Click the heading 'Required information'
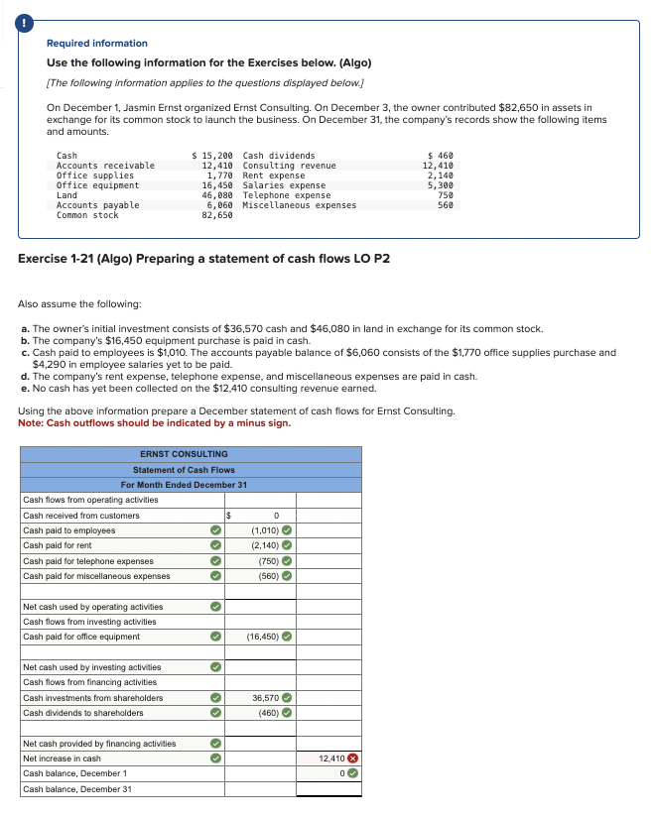click(x=97, y=44)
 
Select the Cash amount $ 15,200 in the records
click(x=211, y=156)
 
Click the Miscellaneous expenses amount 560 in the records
click(x=445, y=205)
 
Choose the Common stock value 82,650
click(x=218, y=215)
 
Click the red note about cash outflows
click(x=155, y=423)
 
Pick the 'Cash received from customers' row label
click(x=81, y=516)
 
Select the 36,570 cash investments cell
click(x=265, y=698)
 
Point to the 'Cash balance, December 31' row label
click(x=76, y=789)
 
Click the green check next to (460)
click(x=286, y=713)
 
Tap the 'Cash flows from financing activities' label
click(x=89, y=682)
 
